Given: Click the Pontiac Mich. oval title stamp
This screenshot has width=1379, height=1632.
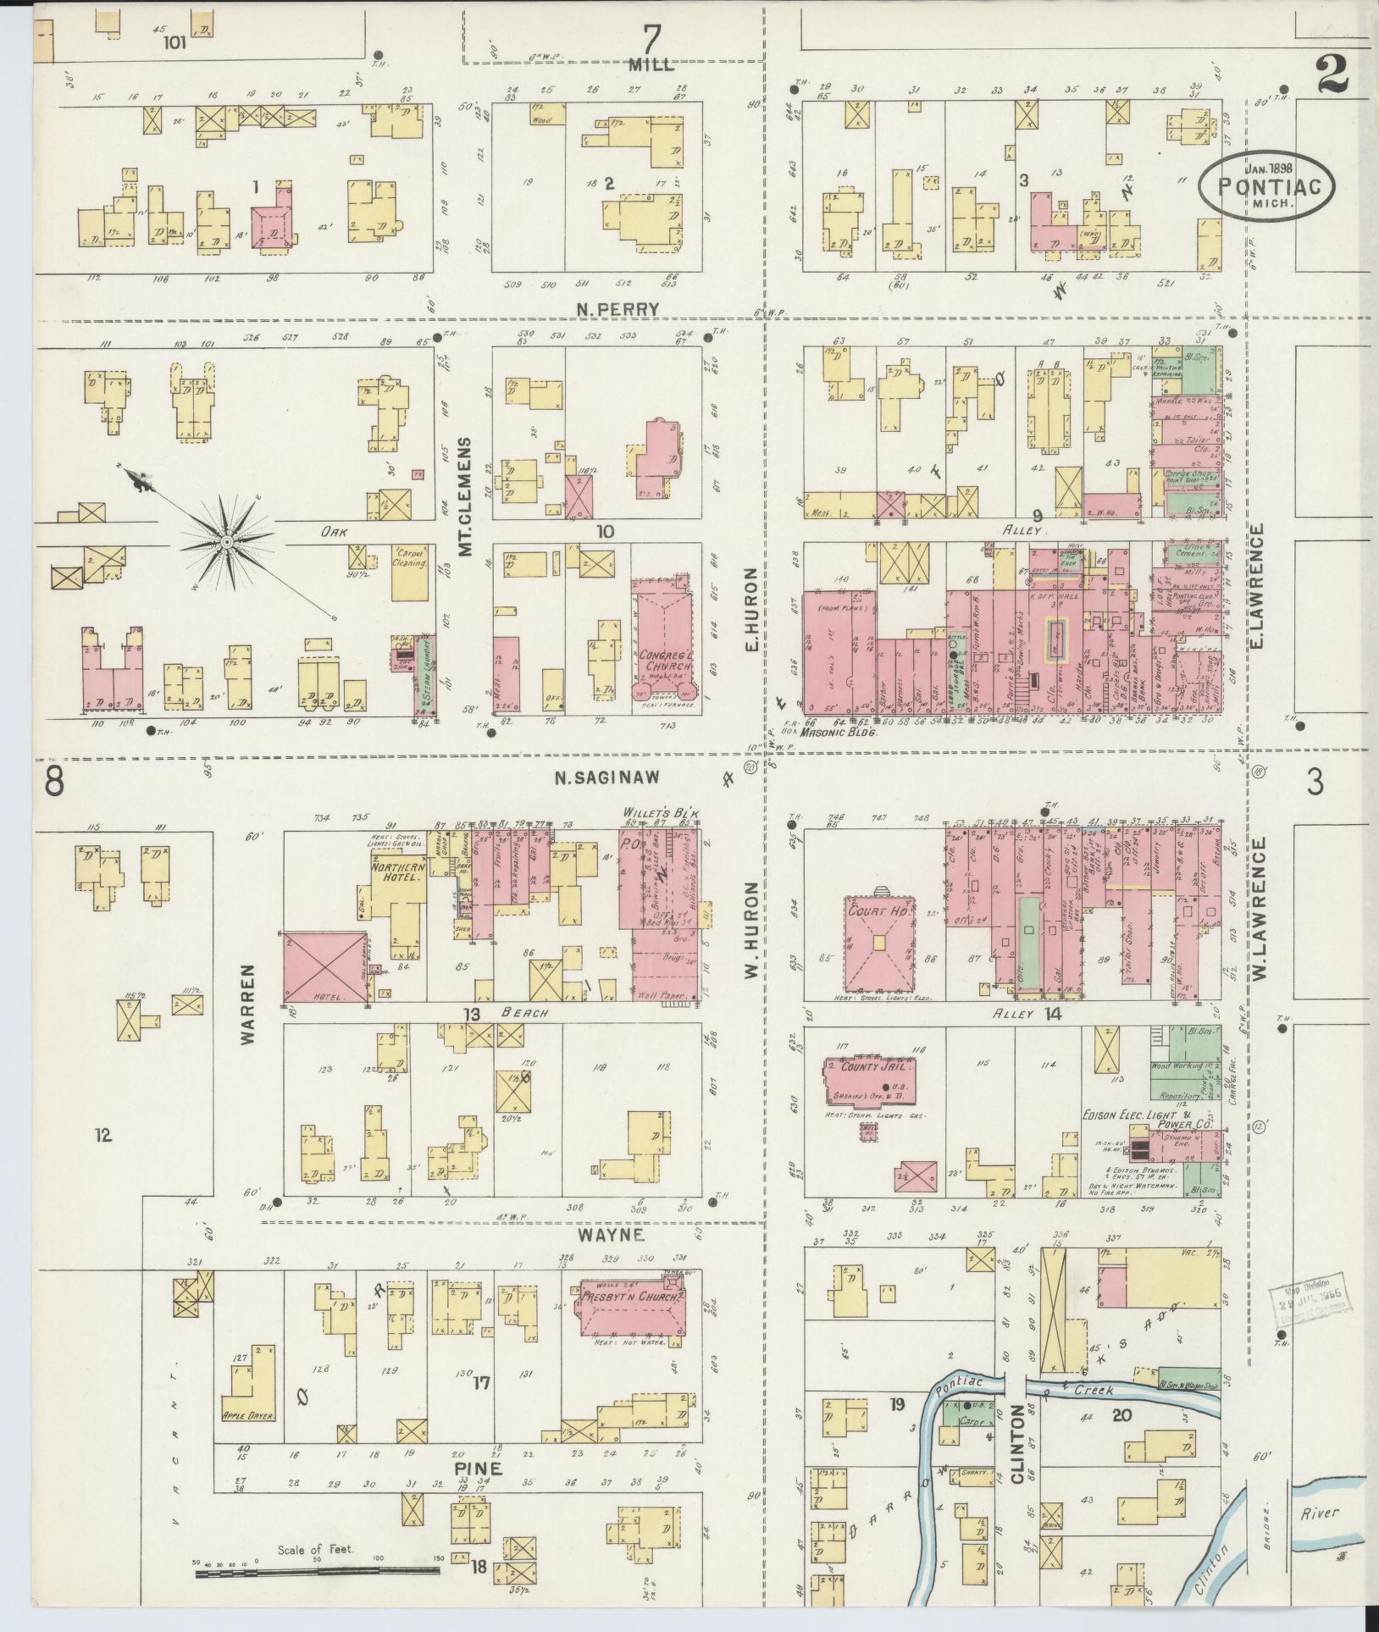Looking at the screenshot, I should tap(1265, 186).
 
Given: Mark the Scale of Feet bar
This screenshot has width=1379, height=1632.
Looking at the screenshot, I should tap(318, 1572).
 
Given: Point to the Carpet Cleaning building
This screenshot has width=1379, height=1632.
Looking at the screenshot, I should tap(408, 573).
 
